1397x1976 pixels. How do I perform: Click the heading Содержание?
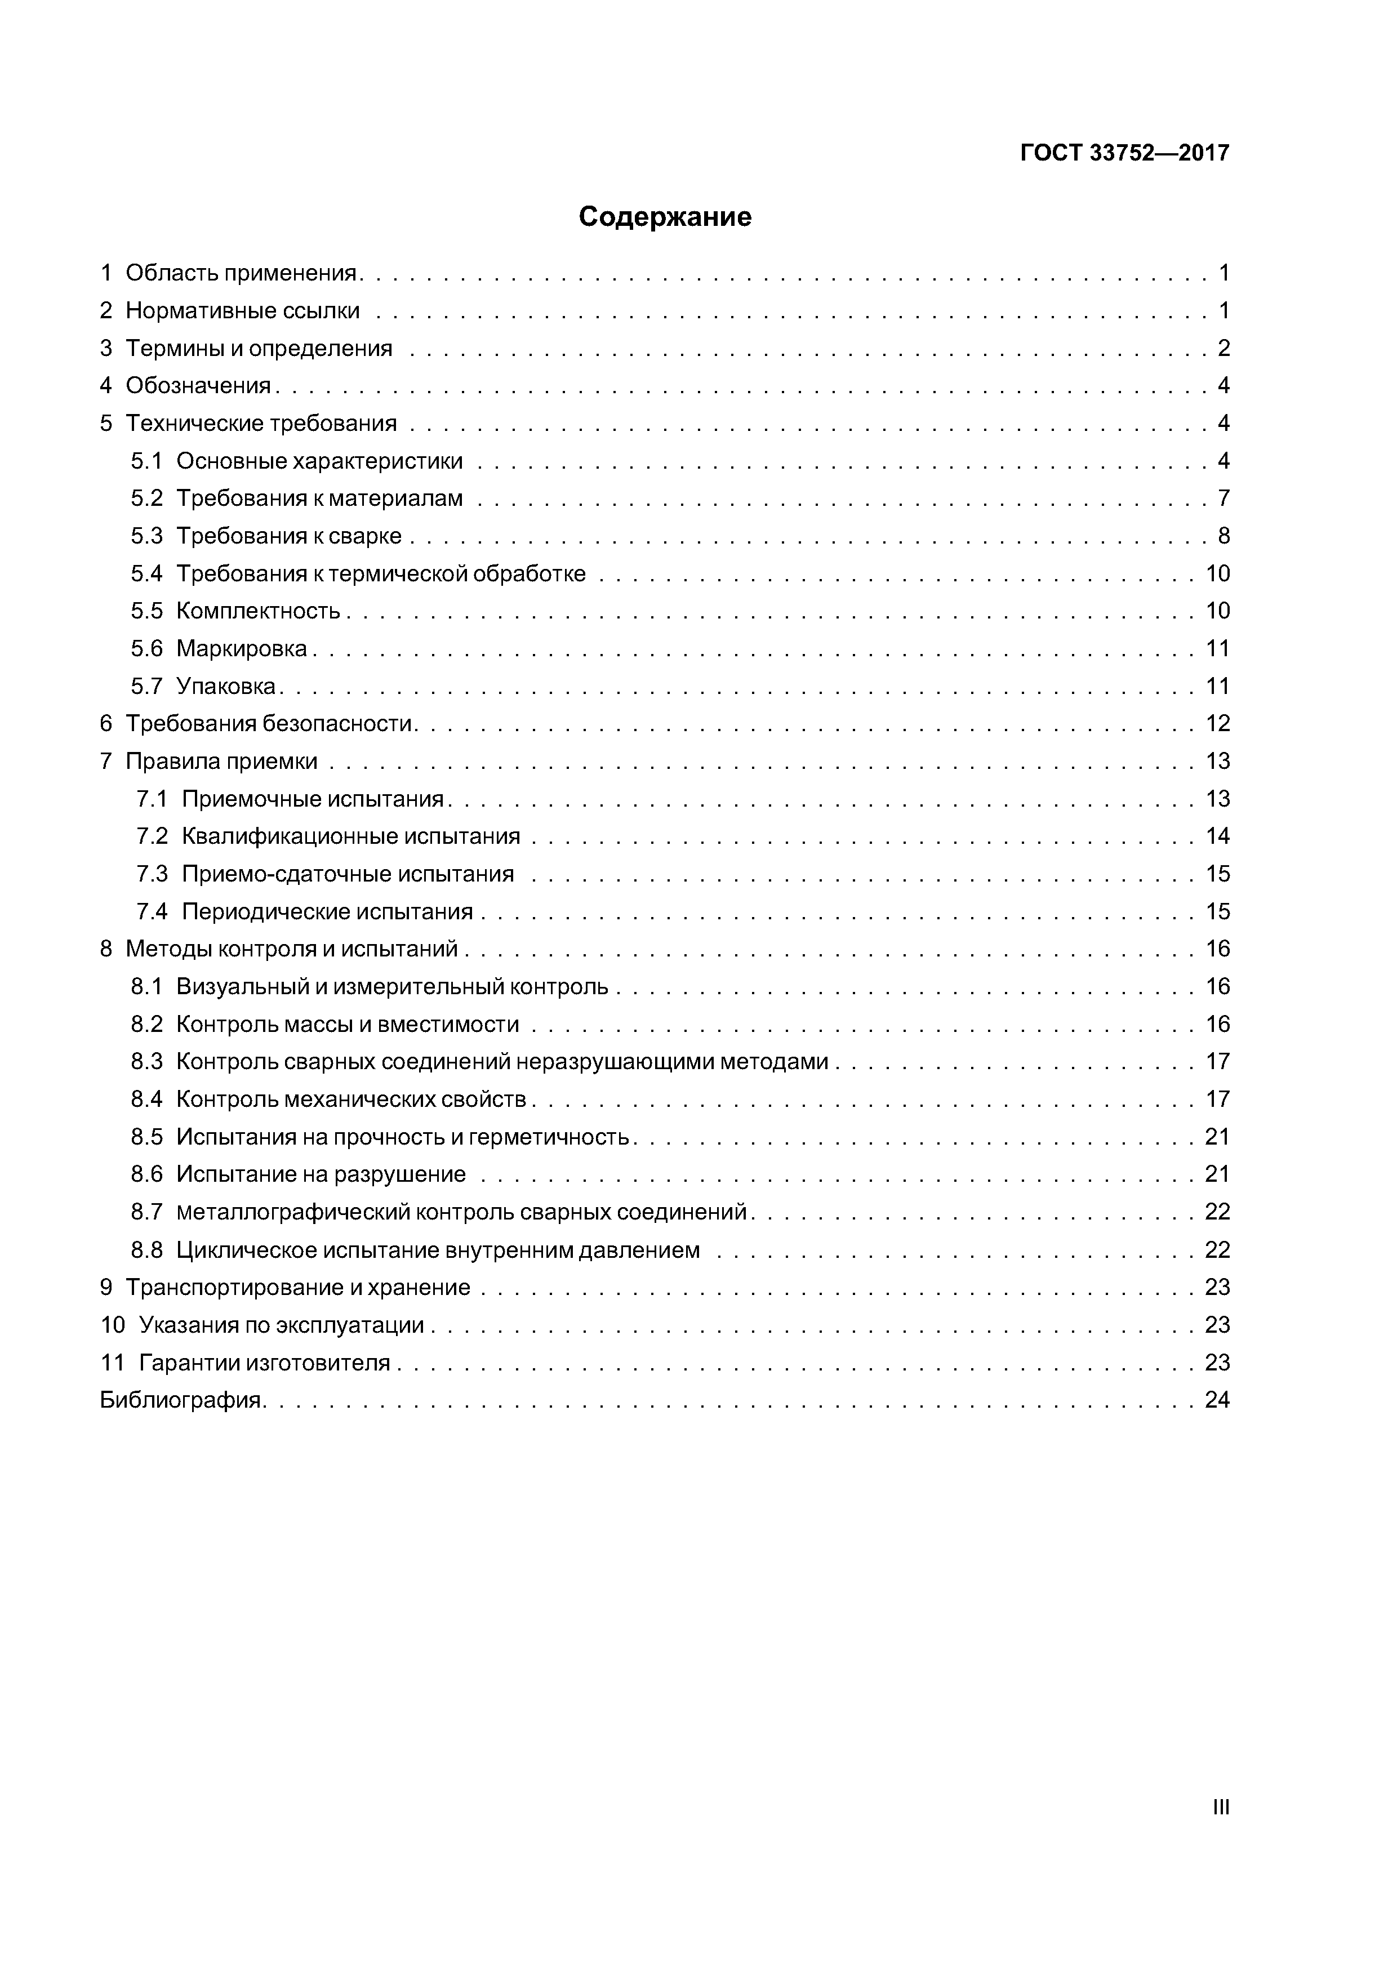click(665, 217)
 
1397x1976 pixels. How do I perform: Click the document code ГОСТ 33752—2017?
click(1124, 153)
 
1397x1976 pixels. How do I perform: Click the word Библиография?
click(181, 1400)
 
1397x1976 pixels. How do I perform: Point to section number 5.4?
click(146, 573)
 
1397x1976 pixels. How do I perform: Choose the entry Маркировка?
click(241, 649)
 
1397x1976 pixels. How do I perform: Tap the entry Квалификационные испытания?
click(351, 836)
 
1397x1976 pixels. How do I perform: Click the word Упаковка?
click(225, 687)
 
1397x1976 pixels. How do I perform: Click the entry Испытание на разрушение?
click(321, 1175)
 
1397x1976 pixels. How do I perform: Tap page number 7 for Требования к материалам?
click(1223, 499)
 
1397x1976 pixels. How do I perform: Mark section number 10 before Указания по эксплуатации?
click(112, 1325)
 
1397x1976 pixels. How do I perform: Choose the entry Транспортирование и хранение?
click(298, 1288)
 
